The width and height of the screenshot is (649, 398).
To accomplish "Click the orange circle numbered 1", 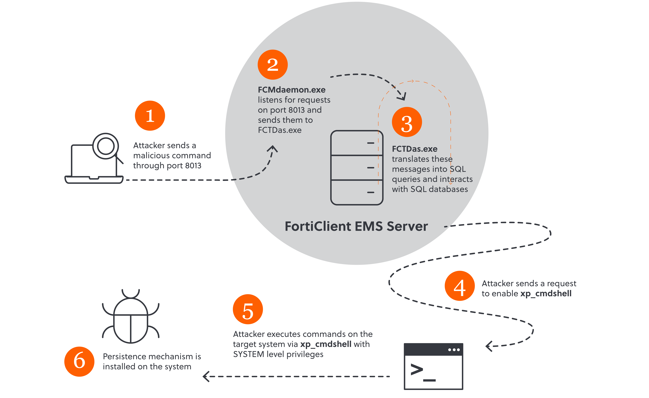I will (x=150, y=116).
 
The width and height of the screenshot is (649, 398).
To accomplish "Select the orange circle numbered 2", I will (x=273, y=64).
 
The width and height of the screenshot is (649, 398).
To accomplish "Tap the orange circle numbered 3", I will (x=407, y=122).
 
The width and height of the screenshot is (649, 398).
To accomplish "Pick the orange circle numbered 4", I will (x=460, y=286).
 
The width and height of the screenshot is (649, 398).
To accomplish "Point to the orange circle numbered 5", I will (x=248, y=309).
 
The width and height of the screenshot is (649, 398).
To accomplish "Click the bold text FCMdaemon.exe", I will (x=292, y=90).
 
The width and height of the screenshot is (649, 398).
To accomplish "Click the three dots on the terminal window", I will (x=454, y=350).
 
